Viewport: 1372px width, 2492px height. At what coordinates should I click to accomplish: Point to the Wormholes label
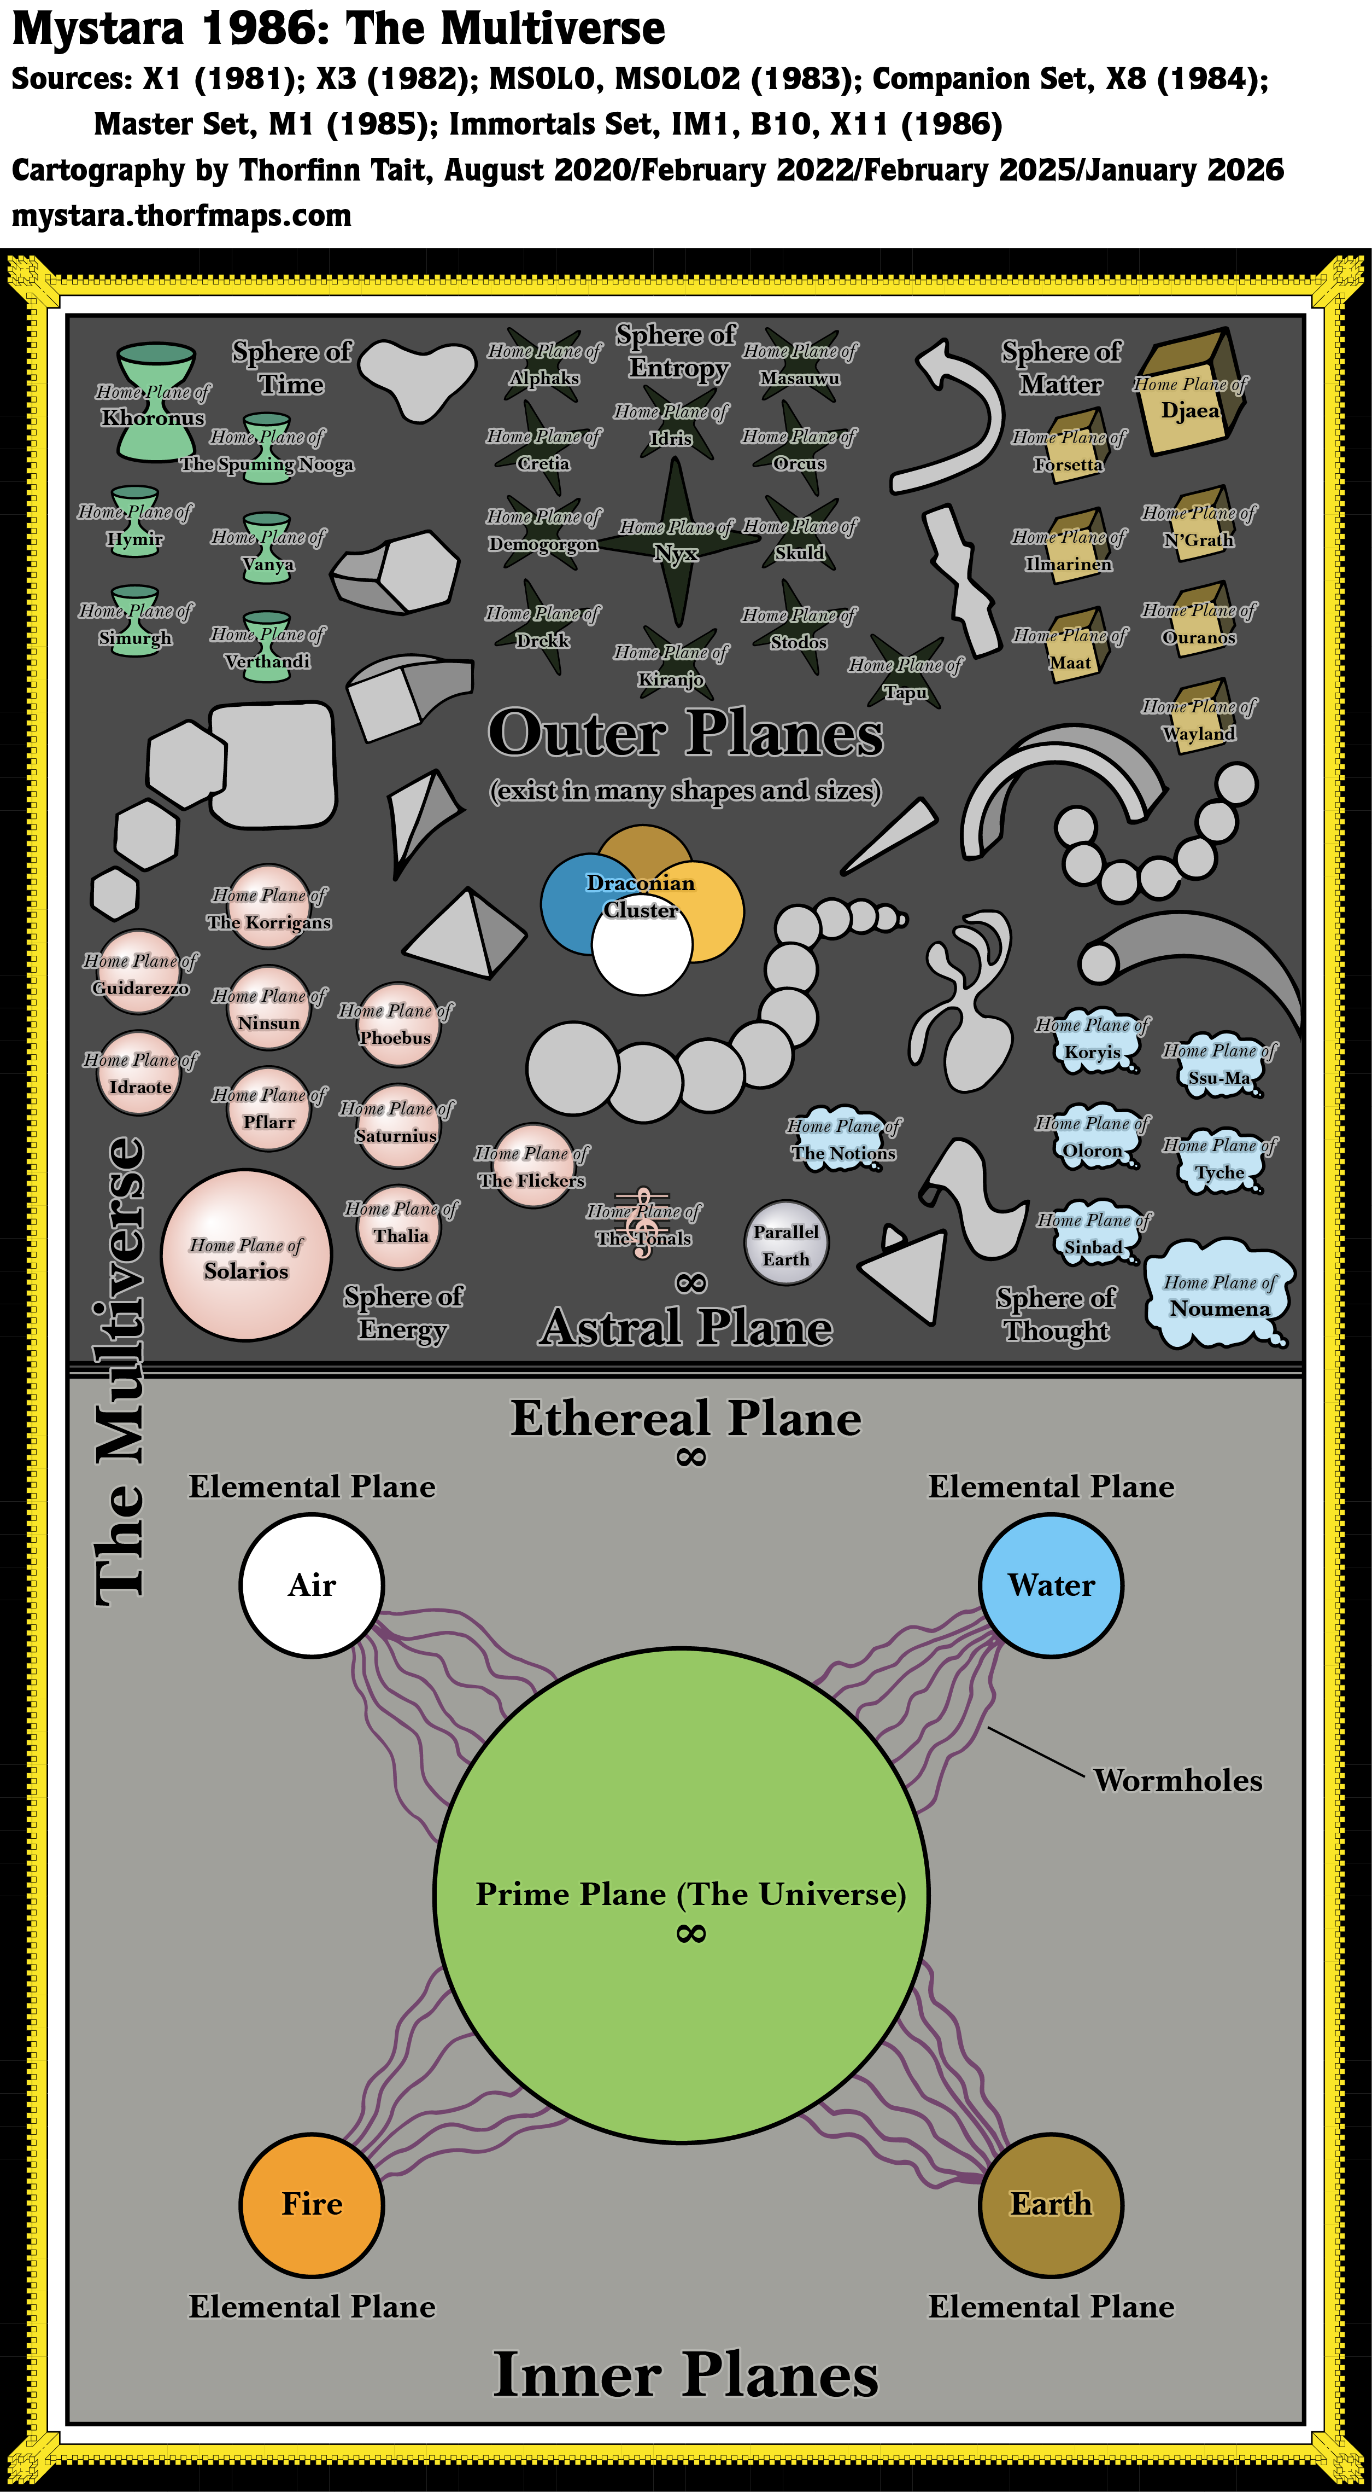tap(1177, 1781)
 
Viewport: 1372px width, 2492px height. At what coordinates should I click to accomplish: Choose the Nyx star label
tap(676, 553)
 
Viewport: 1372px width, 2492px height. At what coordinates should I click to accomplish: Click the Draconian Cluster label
tap(640, 896)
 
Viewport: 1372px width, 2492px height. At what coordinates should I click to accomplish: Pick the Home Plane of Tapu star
tap(906, 672)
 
